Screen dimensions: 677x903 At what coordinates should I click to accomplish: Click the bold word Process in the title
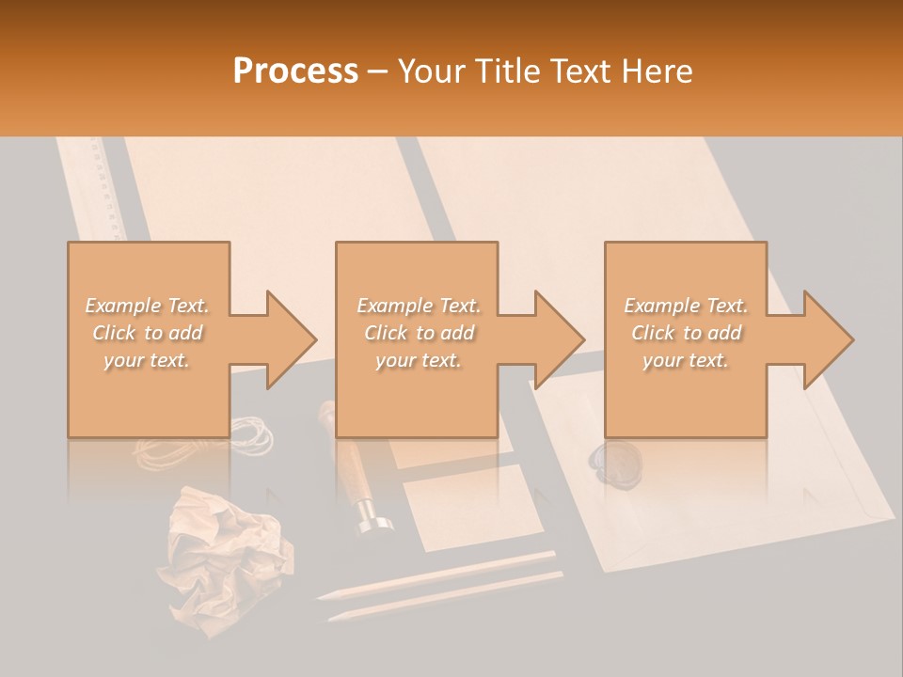tap(295, 71)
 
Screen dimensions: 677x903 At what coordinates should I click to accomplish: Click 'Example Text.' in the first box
tap(148, 306)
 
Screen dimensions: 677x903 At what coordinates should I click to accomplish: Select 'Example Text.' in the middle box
tap(419, 306)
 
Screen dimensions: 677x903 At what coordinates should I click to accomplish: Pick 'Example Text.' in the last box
tap(686, 306)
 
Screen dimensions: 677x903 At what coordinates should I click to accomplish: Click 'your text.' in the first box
tap(148, 360)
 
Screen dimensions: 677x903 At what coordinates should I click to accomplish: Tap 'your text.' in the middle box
tap(419, 360)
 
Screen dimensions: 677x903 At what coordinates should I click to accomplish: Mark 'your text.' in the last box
tap(686, 360)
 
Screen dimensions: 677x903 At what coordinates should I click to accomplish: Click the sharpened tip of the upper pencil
tap(325, 594)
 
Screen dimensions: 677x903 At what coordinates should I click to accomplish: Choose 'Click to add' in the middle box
tap(419, 333)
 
